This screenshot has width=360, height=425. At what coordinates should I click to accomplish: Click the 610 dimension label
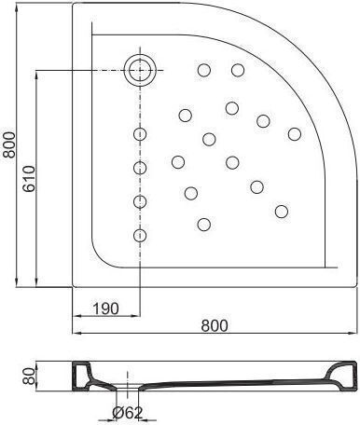(30, 179)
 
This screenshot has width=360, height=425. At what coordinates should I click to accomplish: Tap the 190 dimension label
(106, 308)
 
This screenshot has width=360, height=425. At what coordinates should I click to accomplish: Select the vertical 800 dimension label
(8, 144)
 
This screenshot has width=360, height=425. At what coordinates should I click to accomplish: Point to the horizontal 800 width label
(215, 325)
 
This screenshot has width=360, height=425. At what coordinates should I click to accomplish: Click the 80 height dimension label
(30, 377)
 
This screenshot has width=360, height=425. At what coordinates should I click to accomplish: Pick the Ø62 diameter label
(128, 413)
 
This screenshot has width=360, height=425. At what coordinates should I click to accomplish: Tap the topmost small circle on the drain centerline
(140, 134)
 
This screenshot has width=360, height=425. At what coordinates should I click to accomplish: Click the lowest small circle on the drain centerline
(140, 235)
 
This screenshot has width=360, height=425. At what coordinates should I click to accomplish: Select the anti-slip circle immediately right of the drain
(204, 70)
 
